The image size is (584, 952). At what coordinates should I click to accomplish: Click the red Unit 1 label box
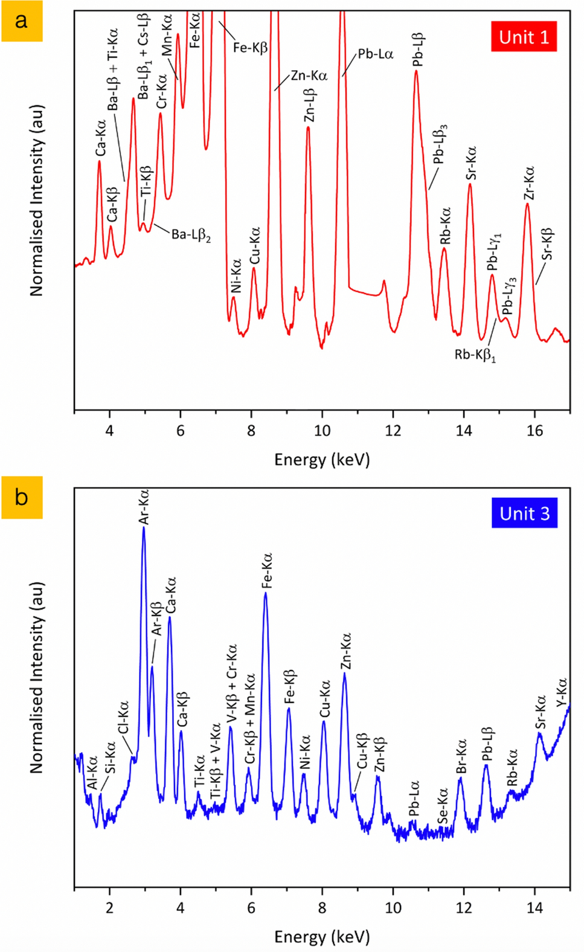[x=524, y=37]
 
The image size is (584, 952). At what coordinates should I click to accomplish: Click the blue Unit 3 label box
[x=524, y=513]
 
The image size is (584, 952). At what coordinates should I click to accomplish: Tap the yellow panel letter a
[x=22, y=21]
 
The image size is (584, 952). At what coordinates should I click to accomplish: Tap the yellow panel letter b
[x=22, y=497]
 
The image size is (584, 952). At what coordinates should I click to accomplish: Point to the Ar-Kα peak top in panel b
[x=144, y=527]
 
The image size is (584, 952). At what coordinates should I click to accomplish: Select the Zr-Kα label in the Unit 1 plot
[x=529, y=183]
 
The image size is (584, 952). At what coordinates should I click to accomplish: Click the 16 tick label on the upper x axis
[x=534, y=431]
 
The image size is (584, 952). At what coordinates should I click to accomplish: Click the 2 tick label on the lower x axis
[x=109, y=908]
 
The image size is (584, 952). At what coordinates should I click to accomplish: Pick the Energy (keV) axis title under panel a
[x=322, y=460]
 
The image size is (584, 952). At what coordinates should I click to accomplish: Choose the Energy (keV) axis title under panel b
[x=322, y=936]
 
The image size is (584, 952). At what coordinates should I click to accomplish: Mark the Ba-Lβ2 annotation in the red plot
[x=191, y=234]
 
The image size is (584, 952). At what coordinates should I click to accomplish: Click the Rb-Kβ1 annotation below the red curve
[x=475, y=355]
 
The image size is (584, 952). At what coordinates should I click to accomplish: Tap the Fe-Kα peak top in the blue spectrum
[x=266, y=593]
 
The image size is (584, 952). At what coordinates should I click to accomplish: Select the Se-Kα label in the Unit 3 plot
[x=443, y=805]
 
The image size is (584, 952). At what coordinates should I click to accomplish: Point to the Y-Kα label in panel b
[x=562, y=692]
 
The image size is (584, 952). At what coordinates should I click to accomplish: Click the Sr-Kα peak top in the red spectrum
[x=470, y=184]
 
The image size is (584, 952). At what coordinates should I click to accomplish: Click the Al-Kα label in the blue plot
[x=92, y=773]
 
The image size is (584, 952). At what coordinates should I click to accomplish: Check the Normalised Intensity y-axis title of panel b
[x=37, y=677]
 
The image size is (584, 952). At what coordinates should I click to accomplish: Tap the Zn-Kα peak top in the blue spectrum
[x=344, y=674]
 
